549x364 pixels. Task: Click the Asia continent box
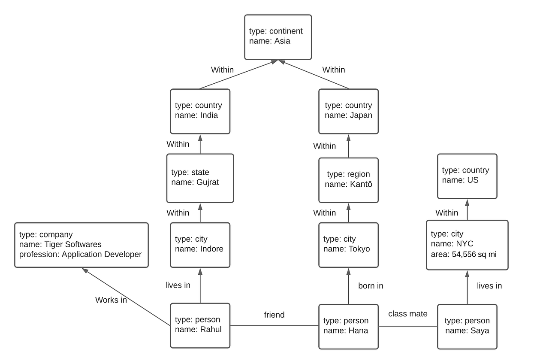coord(278,37)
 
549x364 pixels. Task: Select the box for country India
coord(200,111)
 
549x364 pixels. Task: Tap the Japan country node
coord(348,111)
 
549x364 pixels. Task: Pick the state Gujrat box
coord(200,178)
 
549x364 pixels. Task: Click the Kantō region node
coord(348,180)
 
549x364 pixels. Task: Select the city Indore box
coord(200,245)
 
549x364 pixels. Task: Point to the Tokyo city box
coord(348,245)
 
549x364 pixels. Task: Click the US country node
coord(467,176)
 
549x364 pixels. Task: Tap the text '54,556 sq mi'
coord(474,254)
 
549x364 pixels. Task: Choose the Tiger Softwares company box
coord(81,245)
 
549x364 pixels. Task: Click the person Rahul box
coord(200,325)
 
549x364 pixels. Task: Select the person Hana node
coord(348,326)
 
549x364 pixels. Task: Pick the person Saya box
coord(467,326)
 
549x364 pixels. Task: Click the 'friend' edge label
coord(274,315)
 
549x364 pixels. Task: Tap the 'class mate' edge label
coord(407,314)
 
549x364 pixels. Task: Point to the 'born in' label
coord(371,286)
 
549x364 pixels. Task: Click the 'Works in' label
coord(111,300)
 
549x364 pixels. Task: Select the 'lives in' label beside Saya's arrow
coord(489,286)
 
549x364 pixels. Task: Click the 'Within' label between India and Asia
coord(222,70)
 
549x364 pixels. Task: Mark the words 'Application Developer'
coord(102,254)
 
